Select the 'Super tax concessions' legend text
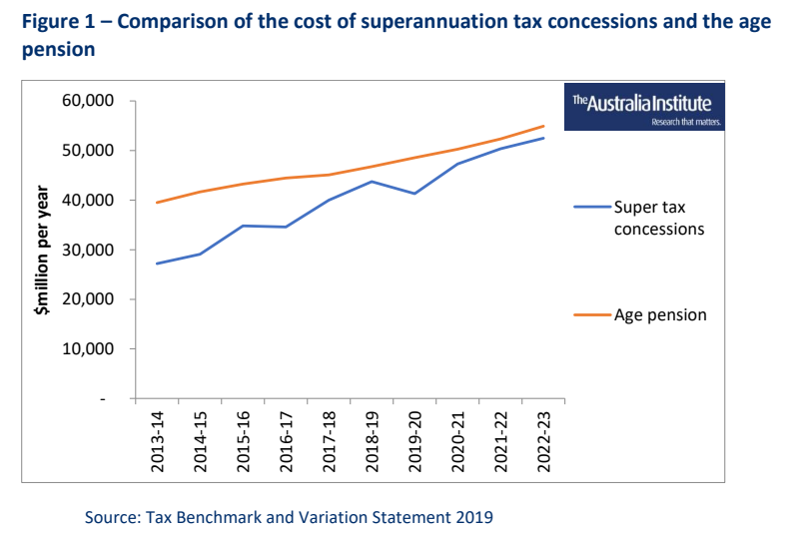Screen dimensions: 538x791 click(x=659, y=217)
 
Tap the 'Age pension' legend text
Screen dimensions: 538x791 click(x=660, y=314)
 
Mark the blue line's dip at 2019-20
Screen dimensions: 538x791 click(x=414, y=193)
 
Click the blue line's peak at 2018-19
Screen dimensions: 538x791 click(x=372, y=181)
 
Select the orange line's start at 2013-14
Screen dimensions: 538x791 click(x=158, y=203)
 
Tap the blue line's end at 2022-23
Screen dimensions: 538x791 click(x=543, y=138)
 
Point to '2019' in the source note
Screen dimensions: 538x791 click(x=474, y=517)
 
